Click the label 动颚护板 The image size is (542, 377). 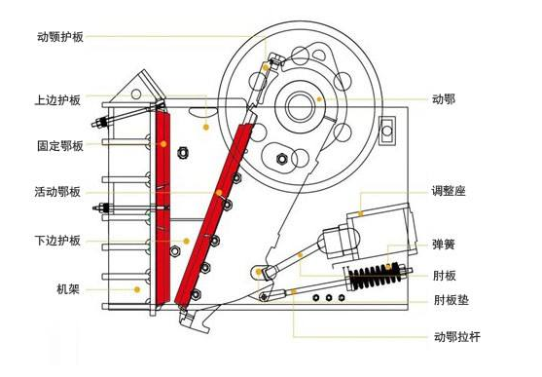[59, 37]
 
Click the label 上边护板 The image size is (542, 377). [59, 99]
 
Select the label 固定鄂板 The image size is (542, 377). [59, 146]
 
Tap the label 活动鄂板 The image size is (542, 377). [59, 193]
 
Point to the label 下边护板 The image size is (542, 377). [59, 241]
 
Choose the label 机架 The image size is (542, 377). [67, 289]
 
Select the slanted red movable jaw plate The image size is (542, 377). [214, 209]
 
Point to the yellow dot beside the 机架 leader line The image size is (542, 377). [138, 289]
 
